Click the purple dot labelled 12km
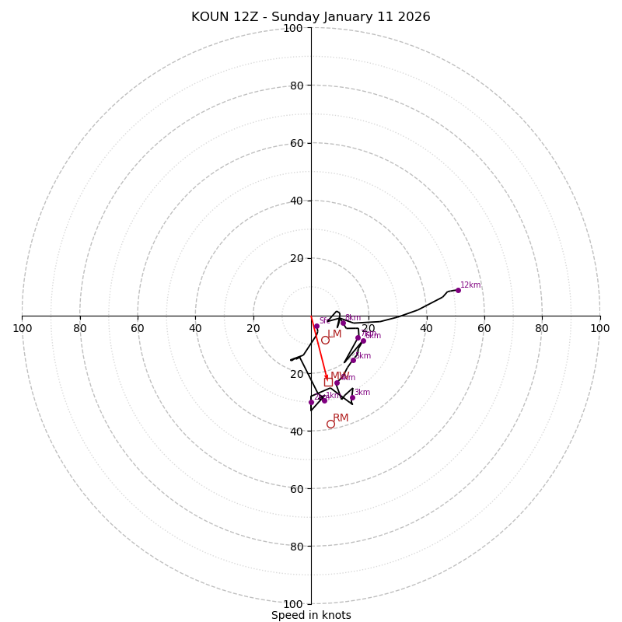point(458,290)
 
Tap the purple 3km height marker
point(352,397)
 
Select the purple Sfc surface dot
point(316,327)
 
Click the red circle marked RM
point(330,424)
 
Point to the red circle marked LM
point(325,340)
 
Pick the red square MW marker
point(328,382)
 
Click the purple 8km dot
point(343,323)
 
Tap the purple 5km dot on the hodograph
point(353,360)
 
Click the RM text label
point(341,418)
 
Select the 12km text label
point(470,285)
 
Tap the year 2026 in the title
point(414,17)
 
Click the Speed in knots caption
point(311,615)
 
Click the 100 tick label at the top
point(293,28)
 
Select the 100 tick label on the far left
point(22,328)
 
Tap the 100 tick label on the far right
point(600,328)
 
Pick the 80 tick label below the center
point(296,547)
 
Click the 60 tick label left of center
point(138,328)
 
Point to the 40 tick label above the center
point(296,201)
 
